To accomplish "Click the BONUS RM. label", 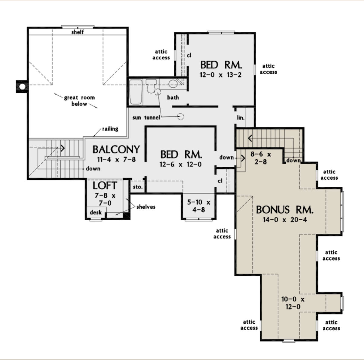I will [x=285, y=210].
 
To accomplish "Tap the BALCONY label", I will [x=116, y=149].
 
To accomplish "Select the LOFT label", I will [x=105, y=185].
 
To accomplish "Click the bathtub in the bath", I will [x=136, y=92].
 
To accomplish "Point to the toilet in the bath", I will [x=151, y=87].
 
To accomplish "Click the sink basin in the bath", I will [x=173, y=84].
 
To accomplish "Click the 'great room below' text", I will [x=79, y=101].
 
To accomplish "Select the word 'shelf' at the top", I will [x=77, y=32].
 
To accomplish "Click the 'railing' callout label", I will [x=110, y=129].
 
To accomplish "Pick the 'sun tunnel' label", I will [x=146, y=118].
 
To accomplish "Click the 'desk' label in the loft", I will [x=96, y=212].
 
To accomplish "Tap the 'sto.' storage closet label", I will [x=137, y=187].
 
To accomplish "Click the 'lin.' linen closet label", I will [x=241, y=118].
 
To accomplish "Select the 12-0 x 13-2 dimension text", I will [x=221, y=75].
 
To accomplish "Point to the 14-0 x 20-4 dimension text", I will [x=285, y=220].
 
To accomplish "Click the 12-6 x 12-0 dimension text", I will [x=181, y=165].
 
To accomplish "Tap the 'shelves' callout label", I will [x=146, y=207].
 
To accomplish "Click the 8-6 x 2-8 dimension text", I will [x=261, y=158].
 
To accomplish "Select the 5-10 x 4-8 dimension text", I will [x=199, y=206].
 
